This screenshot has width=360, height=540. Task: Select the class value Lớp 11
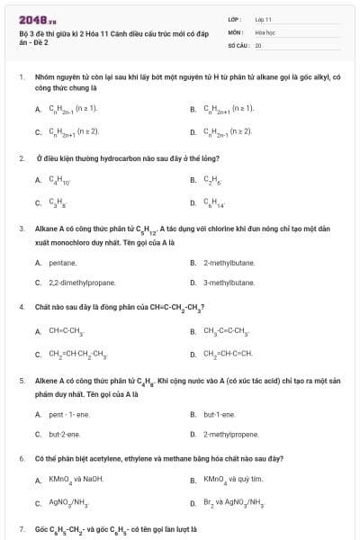point(264,19)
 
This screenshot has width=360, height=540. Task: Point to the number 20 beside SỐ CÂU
point(258,44)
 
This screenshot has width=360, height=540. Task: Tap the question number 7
point(21,529)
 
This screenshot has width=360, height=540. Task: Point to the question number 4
point(21,307)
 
